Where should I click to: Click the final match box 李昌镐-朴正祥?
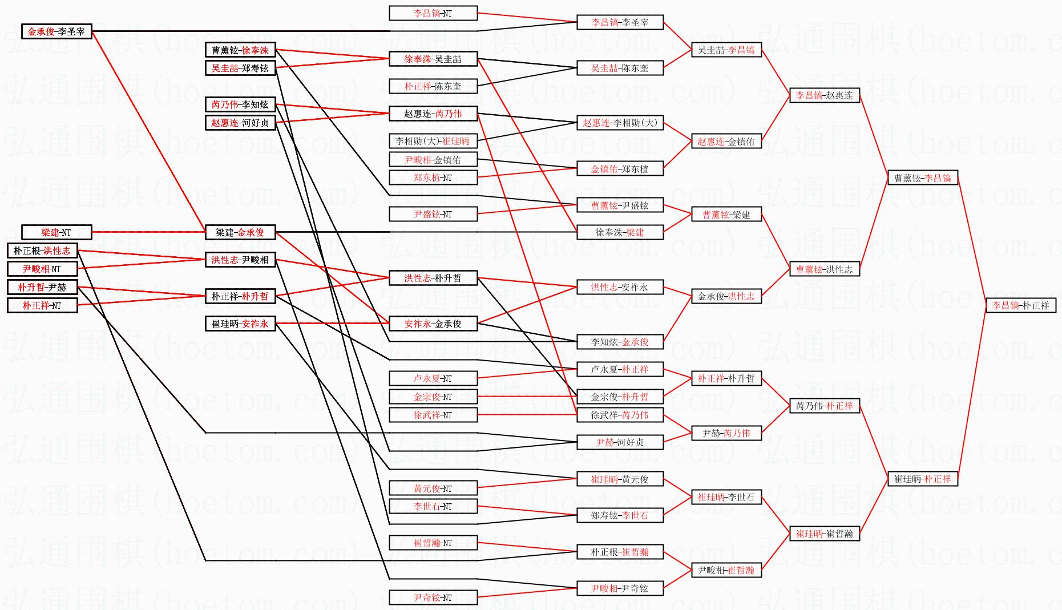[1020, 305]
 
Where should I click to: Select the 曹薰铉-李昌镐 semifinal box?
[922, 178]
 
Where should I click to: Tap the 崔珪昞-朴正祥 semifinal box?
[922, 479]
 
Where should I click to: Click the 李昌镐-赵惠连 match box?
[824, 95]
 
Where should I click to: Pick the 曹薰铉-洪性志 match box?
[824, 269]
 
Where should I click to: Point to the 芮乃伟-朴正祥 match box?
[824, 406]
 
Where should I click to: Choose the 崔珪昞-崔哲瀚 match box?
[824, 534]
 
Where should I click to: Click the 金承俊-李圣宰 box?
[56, 32]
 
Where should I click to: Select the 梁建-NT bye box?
[56, 232]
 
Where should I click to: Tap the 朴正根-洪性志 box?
[42, 251]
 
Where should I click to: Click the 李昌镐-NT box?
[433, 13]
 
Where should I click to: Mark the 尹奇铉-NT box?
[433, 597]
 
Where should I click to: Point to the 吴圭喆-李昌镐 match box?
[726, 50]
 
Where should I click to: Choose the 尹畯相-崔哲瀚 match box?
[726, 570]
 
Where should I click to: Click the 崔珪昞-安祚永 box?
[240, 324]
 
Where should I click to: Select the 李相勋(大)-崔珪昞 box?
[433, 141]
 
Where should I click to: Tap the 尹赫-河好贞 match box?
[620, 442]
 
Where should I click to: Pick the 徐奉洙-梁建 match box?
[620, 232]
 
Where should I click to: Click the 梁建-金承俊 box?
[240, 232]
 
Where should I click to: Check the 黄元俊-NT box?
[433, 488]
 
